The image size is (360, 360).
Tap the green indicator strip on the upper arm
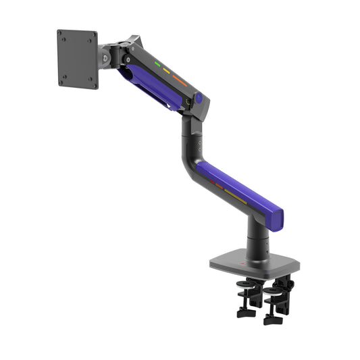click(157, 66)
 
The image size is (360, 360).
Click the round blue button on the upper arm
click(199, 99)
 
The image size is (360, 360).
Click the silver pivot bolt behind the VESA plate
click(105, 59)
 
